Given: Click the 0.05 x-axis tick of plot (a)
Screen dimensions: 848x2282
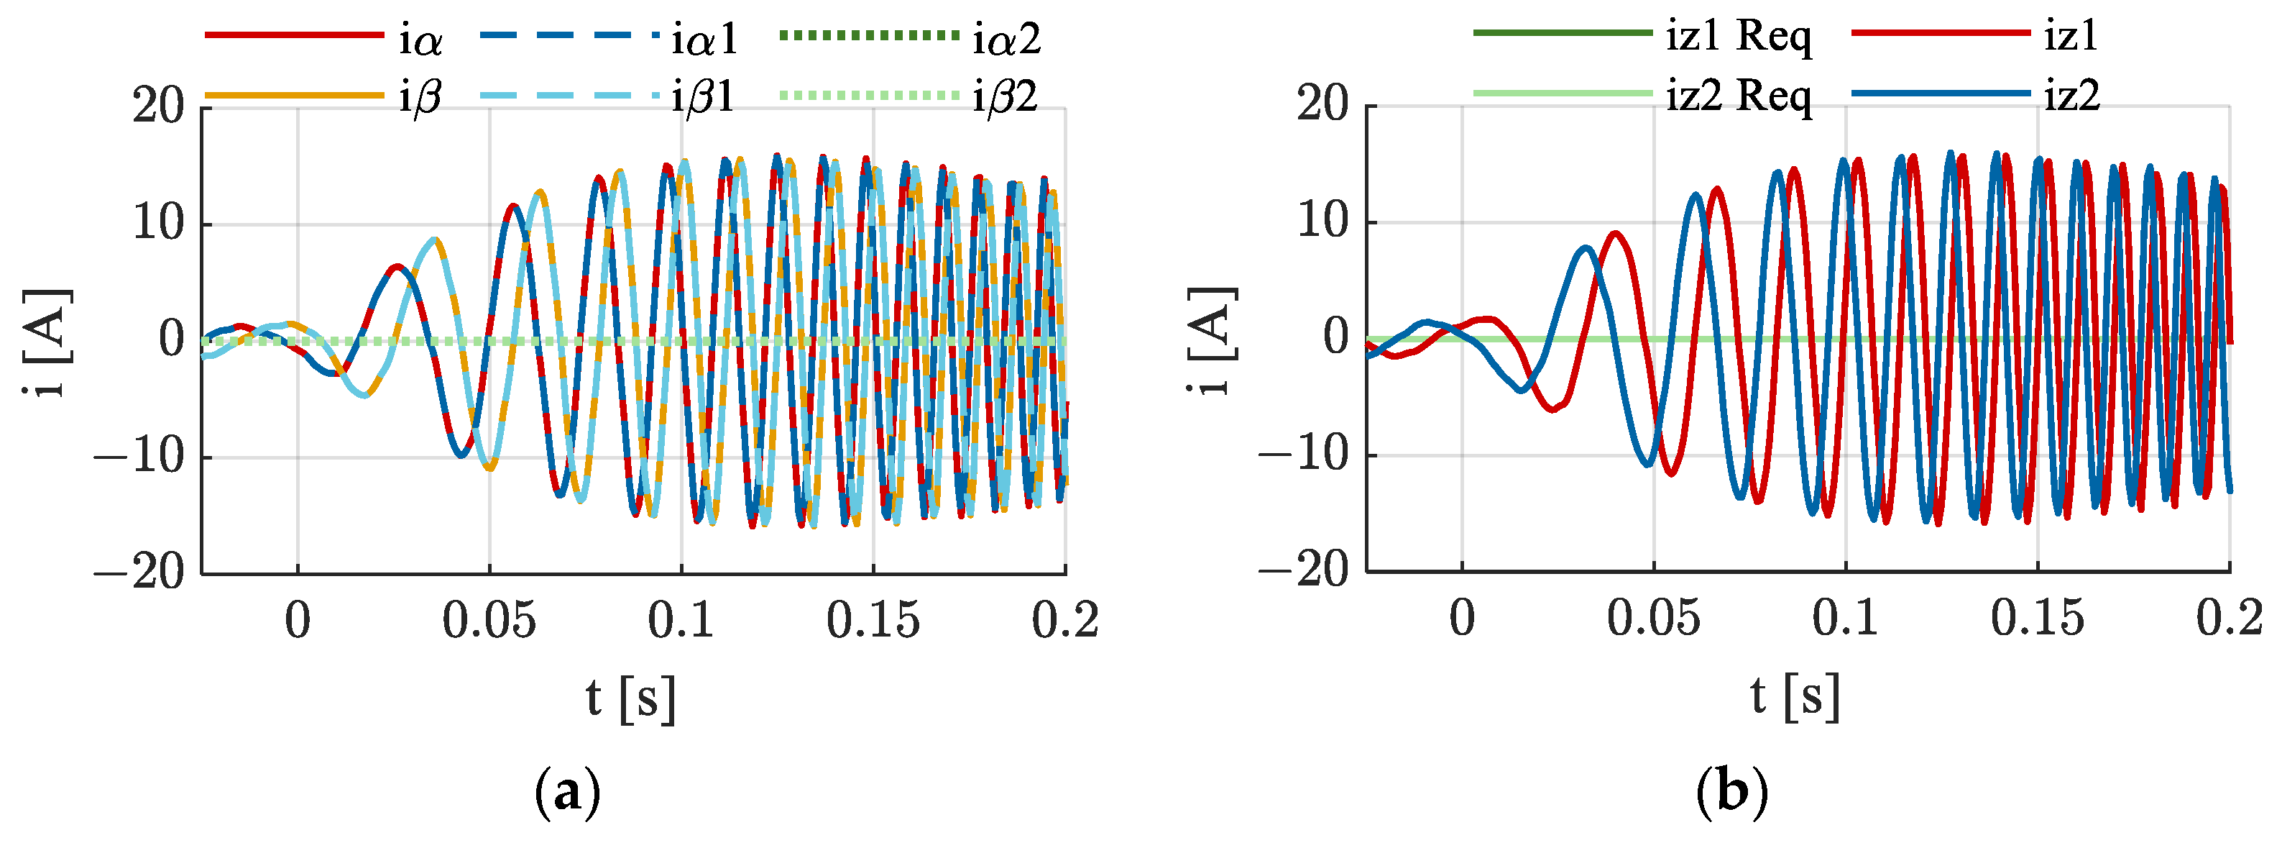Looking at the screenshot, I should coord(489,620).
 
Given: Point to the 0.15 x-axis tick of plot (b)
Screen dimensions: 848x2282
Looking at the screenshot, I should coord(2037,618).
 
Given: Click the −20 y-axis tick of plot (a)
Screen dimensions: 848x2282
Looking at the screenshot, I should coord(139,573).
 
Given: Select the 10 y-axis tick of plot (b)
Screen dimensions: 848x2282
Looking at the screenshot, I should coord(1323,222).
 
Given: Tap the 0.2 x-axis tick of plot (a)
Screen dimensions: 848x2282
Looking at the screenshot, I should coord(1065,620).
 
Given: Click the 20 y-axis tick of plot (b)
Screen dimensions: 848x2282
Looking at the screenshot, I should coord(1323,104).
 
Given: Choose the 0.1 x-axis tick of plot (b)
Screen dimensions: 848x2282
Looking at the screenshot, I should coord(1845,618).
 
